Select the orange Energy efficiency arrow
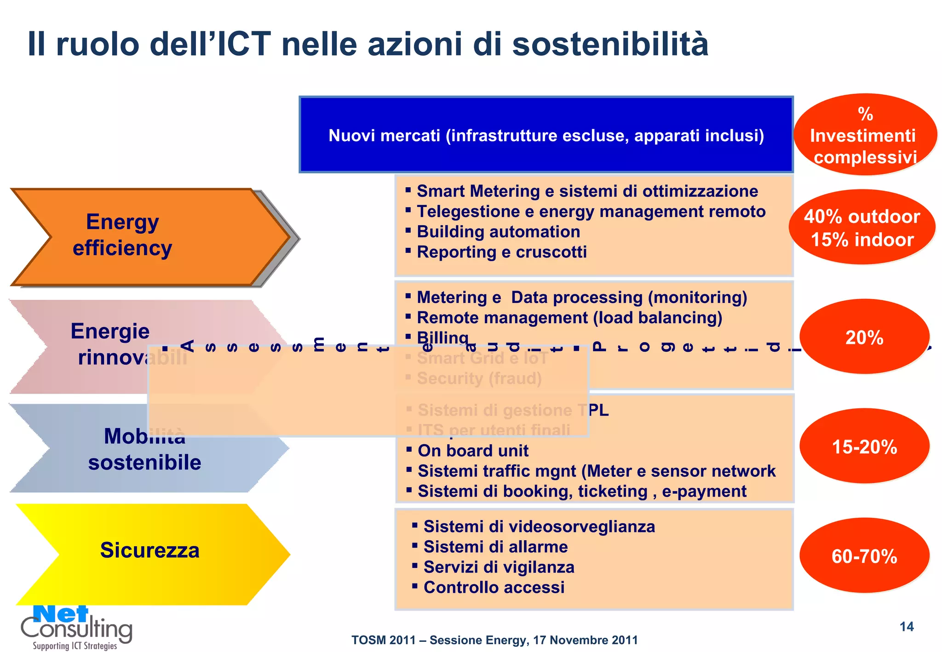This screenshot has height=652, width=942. pos(138,237)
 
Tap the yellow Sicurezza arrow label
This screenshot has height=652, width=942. pos(150,550)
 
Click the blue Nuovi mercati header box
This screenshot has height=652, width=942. pos(546,135)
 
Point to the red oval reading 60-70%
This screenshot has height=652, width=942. pos(864,556)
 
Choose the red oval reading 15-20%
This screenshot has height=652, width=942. pos(864,446)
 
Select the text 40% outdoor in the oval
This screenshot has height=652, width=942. pos(862,217)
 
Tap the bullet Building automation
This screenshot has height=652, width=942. pos(498,232)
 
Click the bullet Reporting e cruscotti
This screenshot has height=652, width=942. pos(501,252)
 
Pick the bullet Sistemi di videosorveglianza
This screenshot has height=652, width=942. pos(539,526)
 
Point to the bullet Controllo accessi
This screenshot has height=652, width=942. pos(494,587)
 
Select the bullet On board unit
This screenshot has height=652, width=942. pos(473,451)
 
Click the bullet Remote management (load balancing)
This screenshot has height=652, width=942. pos(569,318)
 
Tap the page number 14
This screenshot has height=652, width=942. pos(906,627)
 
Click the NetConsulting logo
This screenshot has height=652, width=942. pos(76,627)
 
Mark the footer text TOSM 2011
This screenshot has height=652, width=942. pos(383,640)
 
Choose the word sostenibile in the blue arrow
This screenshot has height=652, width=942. pos(144,463)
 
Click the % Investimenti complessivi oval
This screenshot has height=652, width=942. pos(864,135)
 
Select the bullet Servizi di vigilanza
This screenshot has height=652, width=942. pos(499,567)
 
